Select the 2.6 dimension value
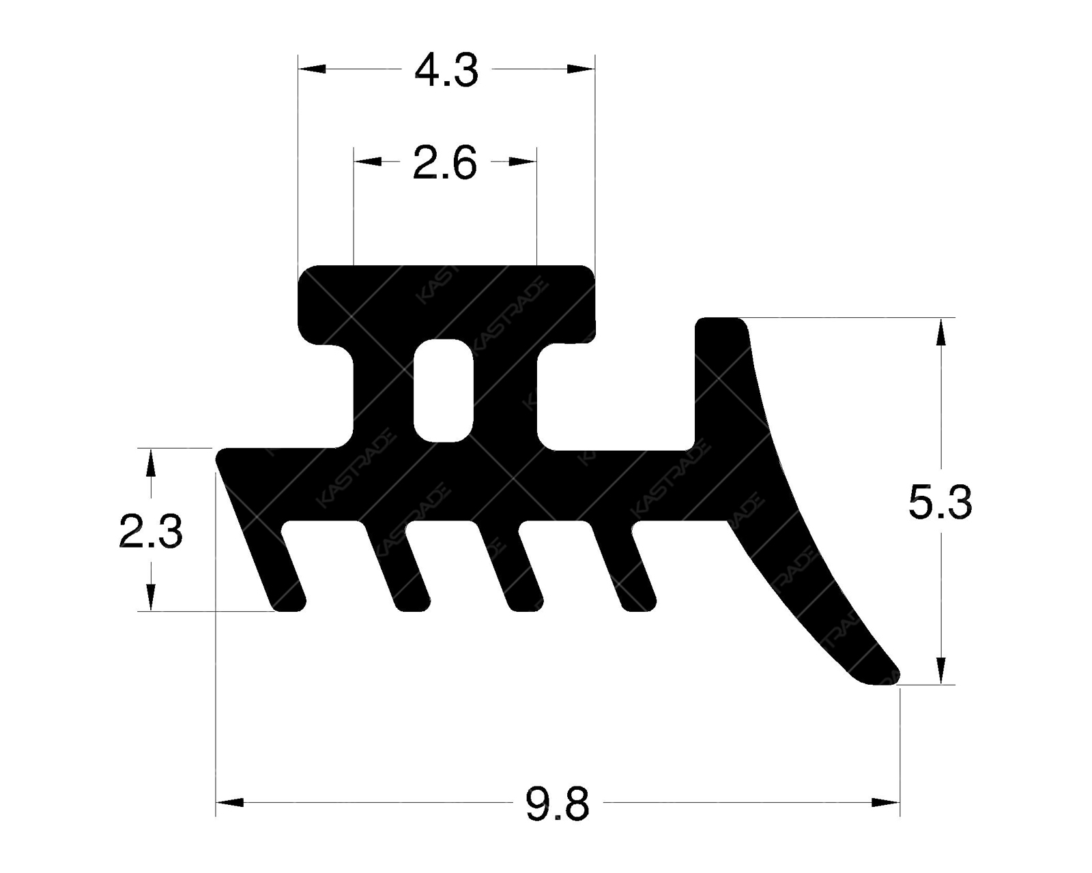tap(444, 164)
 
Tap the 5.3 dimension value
tap(940, 503)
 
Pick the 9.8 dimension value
tap(557, 804)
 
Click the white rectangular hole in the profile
tap(444, 389)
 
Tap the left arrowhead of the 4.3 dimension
tap(311, 69)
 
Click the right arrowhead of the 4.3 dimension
tap(582, 69)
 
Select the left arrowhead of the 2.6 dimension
tap(367, 162)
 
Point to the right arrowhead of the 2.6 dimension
tap(523, 162)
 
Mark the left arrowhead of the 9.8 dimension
tap(229, 803)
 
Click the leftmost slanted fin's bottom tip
tap(289, 606)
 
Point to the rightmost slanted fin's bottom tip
tap(639, 606)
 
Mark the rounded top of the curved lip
tap(720, 323)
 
